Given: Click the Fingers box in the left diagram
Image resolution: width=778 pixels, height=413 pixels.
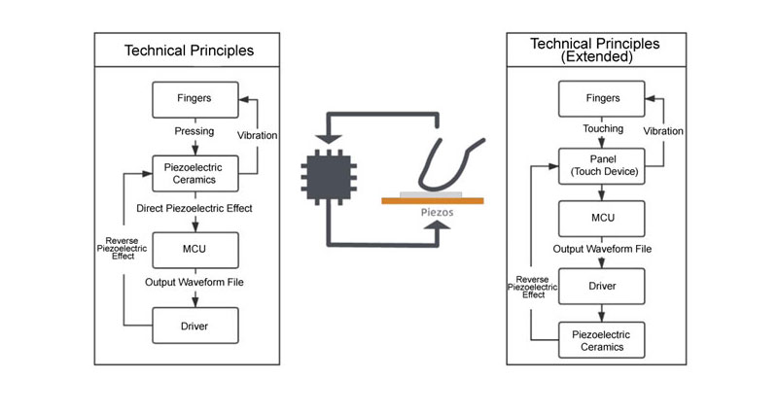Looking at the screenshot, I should pyautogui.click(x=195, y=98).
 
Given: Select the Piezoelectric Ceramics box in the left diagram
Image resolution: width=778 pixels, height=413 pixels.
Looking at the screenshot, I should pyautogui.click(x=195, y=174).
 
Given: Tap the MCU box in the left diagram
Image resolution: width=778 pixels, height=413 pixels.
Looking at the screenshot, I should pyautogui.click(x=195, y=250).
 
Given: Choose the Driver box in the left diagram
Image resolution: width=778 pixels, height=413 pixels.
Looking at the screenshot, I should pyautogui.click(x=195, y=325).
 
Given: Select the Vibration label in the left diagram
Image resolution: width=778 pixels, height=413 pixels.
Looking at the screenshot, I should pyautogui.click(x=259, y=136).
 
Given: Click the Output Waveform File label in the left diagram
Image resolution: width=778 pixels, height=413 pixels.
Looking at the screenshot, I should pyautogui.click(x=195, y=283).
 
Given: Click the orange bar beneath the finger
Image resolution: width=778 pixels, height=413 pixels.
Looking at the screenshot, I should pyautogui.click(x=432, y=201).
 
